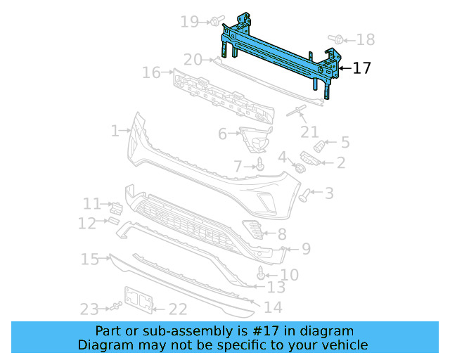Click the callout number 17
[361, 68]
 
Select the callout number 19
[190, 22]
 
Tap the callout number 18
[366, 39]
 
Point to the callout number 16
[151, 72]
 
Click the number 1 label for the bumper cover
[115, 131]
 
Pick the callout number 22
[178, 309]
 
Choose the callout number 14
[273, 307]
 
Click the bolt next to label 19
[216, 19]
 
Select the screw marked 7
[260, 165]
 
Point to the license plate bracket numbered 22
[139, 299]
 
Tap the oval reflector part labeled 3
[305, 194]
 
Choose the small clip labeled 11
[117, 207]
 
